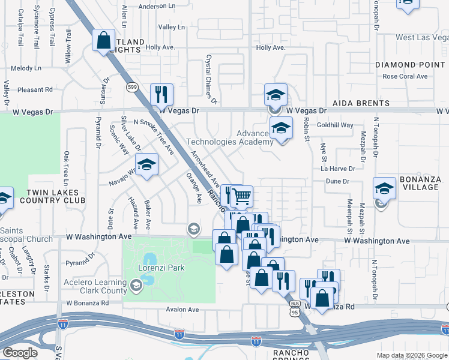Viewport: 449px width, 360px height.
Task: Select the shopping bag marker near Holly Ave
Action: tap(104, 41)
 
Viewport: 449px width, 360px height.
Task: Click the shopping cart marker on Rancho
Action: tap(241, 196)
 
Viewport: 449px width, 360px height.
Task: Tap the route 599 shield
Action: tap(131, 88)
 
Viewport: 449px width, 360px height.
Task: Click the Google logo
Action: tap(20, 352)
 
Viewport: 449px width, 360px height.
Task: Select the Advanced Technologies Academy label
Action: tap(230, 137)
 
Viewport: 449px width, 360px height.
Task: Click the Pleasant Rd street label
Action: tap(35, 90)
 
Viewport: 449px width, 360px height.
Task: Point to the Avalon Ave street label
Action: tap(182, 310)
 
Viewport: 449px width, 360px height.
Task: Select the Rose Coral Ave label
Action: tap(405, 76)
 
